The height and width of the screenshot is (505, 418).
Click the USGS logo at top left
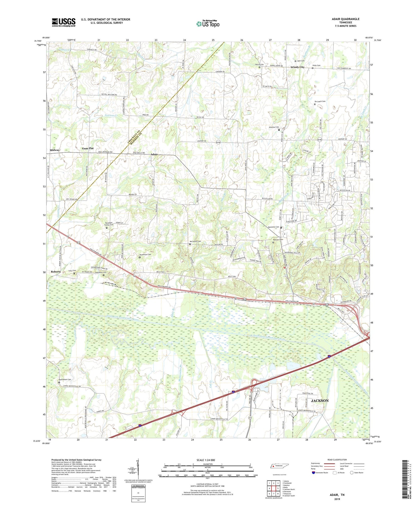(64, 22)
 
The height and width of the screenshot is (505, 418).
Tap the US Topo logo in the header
(208, 24)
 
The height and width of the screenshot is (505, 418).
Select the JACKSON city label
(320, 401)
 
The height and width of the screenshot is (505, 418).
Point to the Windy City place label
(297, 67)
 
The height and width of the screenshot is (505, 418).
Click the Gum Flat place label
(88, 148)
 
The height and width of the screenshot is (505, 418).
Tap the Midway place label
(55, 150)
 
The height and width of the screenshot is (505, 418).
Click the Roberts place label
(56, 272)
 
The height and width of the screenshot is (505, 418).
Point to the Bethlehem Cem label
(65, 379)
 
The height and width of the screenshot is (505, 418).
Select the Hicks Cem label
(316, 65)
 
